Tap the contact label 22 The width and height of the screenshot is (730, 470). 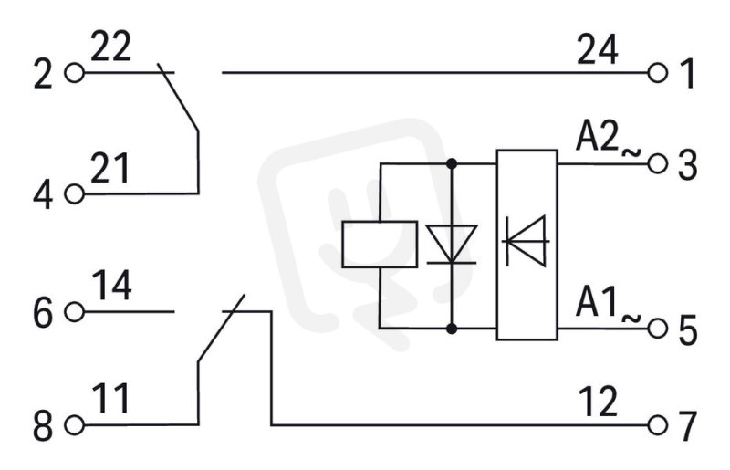click(x=110, y=47)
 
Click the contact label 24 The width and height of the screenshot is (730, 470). click(x=598, y=49)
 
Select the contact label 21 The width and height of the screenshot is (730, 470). click(x=109, y=168)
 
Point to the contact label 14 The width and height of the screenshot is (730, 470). click(x=111, y=286)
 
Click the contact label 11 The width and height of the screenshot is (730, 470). click(x=110, y=399)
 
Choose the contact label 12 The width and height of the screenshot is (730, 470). click(x=599, y=401)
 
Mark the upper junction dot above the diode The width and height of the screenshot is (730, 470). click(x=451, y=163)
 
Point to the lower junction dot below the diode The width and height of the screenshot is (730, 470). click(x=451, y=329)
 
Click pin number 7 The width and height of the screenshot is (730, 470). click(x=688, y=426)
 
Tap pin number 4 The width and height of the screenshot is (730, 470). click(x=43, y=194)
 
